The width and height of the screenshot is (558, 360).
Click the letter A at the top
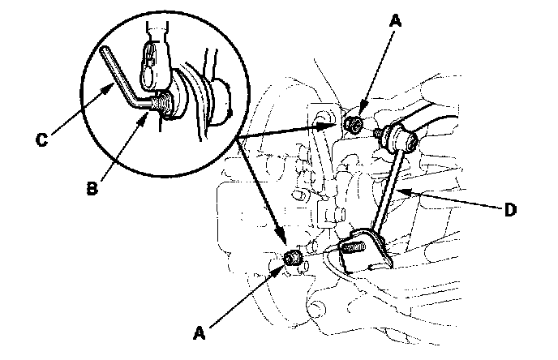tap(395, 20)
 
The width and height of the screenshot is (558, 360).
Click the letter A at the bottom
tap(200, 333)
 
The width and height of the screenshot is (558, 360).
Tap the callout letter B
tap(92, 188)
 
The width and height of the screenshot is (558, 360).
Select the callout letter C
tap(41, 139)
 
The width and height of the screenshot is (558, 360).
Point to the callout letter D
tap(510, 210)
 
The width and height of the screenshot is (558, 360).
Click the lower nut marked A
tap(293, 257)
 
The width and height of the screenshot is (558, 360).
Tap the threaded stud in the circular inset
tap(163, 104)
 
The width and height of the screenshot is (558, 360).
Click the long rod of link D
tap(390, 189)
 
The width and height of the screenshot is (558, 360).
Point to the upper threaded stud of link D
tap(378, 134)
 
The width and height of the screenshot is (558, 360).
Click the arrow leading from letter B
tap(125, 147)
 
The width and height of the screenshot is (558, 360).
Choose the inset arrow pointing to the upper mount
tap(287, 131)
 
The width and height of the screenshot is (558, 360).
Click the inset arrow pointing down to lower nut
tap(262, 191)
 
